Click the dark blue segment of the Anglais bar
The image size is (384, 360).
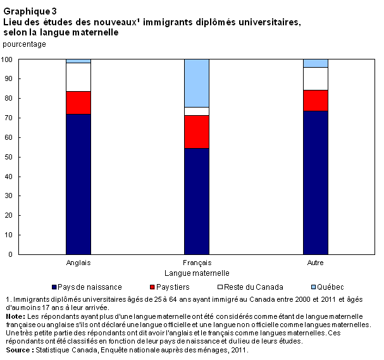(x=78, y=184)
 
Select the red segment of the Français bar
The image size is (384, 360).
(x=196, y=132)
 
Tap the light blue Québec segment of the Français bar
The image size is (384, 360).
(x=196, y=83)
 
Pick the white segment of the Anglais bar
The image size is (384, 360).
(x=78, y=77)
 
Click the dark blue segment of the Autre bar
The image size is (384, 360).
(x=315, y=182)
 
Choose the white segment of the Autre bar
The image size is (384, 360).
(x=315, y=78)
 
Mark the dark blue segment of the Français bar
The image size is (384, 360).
(x=196, y=201)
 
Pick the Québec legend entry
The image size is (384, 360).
(x=310, y=287)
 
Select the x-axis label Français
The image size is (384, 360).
(x=197, y=263)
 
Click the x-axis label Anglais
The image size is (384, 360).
(x=78, y=263)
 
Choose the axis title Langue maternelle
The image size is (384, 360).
(x=197, y=273)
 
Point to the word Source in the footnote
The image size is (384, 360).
(x=17, y=349)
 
